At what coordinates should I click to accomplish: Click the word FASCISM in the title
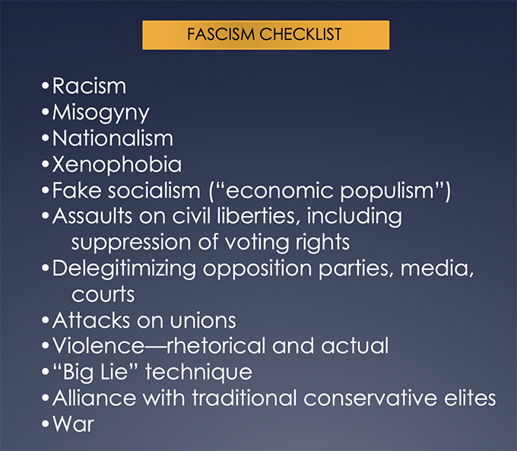click(x=221, y=34)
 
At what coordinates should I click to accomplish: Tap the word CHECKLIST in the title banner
click(x=300, y=34)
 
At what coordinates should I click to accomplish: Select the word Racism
click(x=90, y=86)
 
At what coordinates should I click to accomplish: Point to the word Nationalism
click(x=113, y=138)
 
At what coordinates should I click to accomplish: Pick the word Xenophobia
click(x=117, y=164)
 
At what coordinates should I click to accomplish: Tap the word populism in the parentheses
click(x=387, y=192)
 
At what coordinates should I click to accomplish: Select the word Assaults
click(x=93, y=217)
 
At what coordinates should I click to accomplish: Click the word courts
click(x=103, y=294)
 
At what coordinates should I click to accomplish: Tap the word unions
click(x=203, y=320)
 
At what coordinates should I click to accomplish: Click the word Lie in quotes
click(x=114, y=372)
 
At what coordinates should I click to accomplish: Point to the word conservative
click(x=370, y=398)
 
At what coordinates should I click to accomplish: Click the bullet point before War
click(x=45, y=424)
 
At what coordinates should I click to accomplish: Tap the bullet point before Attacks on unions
click(x=45, y=320)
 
